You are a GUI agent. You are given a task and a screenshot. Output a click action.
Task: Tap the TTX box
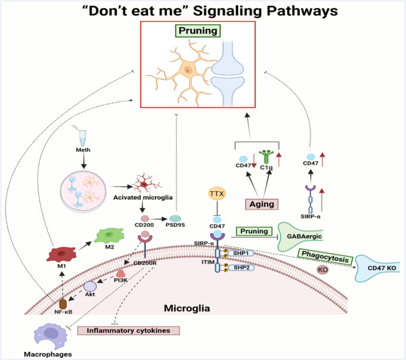click(217, 193)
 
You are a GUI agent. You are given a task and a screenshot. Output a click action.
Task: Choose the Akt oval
click(89, 286)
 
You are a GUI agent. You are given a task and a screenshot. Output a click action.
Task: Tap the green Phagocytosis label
click(325, 254)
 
